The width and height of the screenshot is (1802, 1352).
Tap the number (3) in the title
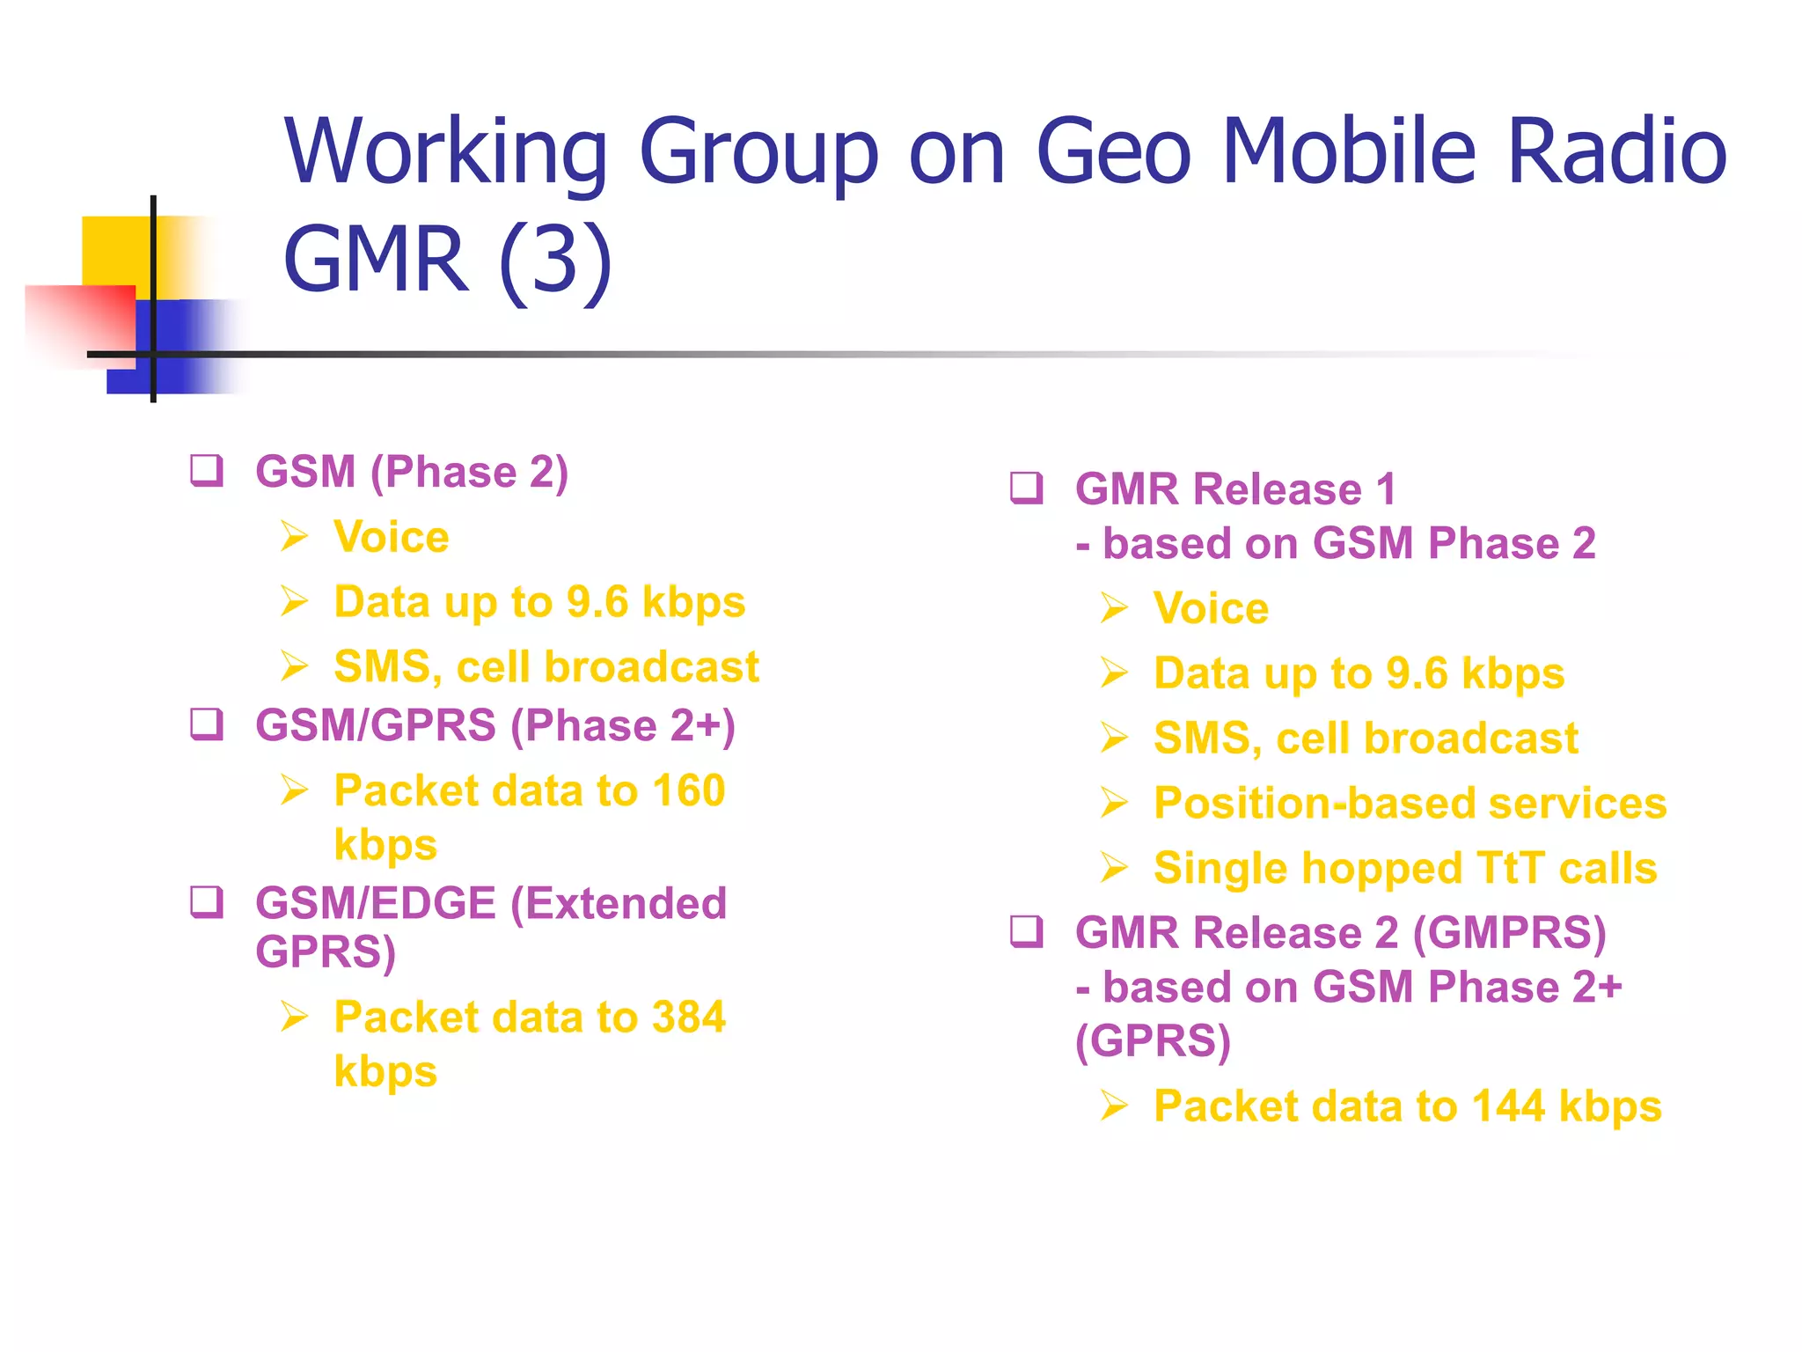tap(555, 260)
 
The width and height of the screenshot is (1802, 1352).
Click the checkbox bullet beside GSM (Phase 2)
tap(208, 471)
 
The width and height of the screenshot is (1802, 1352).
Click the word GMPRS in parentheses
tap(1509, 933)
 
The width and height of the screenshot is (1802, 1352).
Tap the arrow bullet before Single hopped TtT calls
tap(1114, 869)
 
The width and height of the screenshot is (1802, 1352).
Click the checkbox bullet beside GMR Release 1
tap(1027, 489)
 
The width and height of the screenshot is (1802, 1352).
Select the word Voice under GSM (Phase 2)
tap(391, 537)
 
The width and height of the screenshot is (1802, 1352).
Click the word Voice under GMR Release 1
tap(1211, 608)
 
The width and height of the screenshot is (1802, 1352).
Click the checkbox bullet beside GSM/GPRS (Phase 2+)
tap(208, 725)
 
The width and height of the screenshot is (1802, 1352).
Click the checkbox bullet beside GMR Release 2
tap(1027, 932)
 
